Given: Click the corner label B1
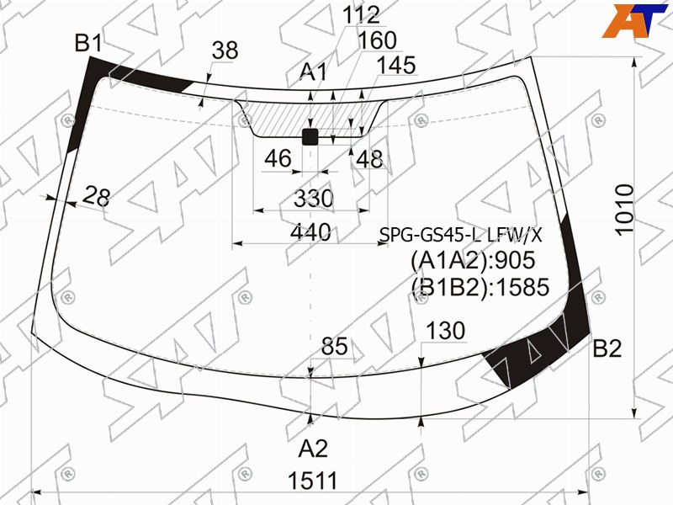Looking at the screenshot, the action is tap(89, 44).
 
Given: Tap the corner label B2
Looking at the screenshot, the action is tap(607, 348).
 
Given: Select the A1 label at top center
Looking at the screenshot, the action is tap(313, 72).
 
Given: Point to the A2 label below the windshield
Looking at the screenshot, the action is tap(313, 449).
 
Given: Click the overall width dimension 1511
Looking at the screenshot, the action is tap(313, 481).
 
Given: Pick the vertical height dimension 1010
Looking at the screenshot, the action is tap(624, 210).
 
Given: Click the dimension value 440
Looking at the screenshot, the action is tap(310, 233).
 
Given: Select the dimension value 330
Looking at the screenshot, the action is tap(313, 199).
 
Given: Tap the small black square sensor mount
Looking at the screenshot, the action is tap(310, 136).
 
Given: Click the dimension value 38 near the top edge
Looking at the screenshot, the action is tap(225, 50).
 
